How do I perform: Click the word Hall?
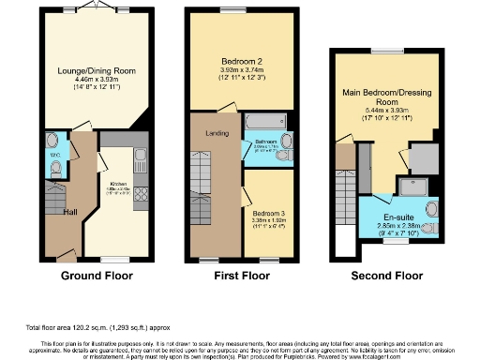pos(70,212)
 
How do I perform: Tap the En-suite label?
pos(397,199)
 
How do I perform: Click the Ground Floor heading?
pos(94,276)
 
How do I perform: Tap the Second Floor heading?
pos(385,276)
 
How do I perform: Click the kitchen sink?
pos(141,156)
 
